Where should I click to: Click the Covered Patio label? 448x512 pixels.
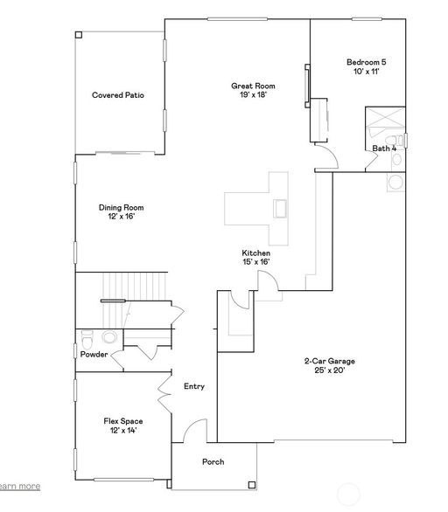(x=118, y=95)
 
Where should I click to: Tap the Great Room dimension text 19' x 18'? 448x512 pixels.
(x=253, y=94)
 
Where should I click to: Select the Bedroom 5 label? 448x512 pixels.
(x=367, y=62)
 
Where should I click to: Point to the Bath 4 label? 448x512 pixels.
(x=384, y=149)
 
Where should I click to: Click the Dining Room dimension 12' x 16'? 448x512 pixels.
(x=122, y=216)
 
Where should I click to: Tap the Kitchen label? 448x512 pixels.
(x=256, y=253)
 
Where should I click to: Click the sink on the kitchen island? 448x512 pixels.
(x=280, y=209)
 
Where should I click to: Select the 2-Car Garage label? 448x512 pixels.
(x=330, y=361)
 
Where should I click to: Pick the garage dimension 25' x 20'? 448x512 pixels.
(x=330, y=370)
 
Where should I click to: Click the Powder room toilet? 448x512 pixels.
(x=87, y=340)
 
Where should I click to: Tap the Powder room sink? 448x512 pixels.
(x=109, y=337)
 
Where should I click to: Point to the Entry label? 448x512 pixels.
(x=194, y=386)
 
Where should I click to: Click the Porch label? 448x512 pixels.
(x=213, y=461)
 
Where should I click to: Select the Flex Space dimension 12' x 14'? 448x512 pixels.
(x=123, y=431)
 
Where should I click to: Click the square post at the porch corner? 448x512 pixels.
(x=251, y=485)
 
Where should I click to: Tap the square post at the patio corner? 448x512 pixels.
(x=79, y=35)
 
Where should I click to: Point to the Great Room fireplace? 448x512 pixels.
(x=307, y=86)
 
